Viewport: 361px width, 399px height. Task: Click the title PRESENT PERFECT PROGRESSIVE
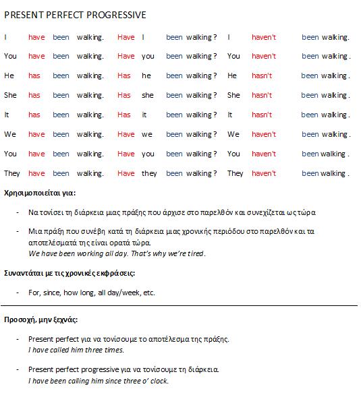tap(75, 15)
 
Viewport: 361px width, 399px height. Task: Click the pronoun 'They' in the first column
tap(12, 173)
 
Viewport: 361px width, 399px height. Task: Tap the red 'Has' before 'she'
tap(124, 95)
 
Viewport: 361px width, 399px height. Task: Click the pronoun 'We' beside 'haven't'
tap(233, 134)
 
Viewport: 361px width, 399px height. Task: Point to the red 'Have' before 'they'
tap(126, 173)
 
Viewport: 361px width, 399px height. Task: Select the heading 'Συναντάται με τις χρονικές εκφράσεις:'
tap(70, 273)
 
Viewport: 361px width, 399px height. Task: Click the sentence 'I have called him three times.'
tap(76, 350)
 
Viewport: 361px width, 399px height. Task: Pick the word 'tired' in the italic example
tap(194, 253)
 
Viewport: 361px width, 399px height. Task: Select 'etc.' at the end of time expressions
tap(148, 293)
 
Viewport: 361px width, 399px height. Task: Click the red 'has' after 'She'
tap(34, 95)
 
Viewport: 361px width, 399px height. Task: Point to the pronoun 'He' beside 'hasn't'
tap(232, 75)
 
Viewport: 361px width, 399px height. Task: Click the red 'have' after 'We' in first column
tap(36, 134)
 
